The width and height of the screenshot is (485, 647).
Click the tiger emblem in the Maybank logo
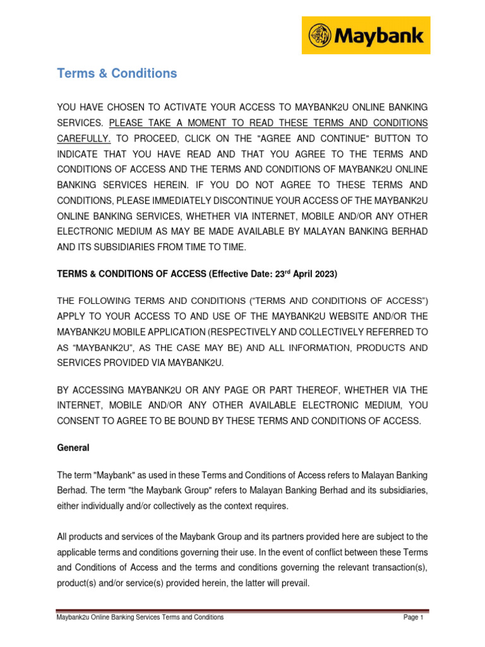[x=320, y=35]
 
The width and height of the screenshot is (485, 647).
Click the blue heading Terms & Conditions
[x=117, y=73]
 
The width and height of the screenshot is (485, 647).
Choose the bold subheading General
[x=73, y=448]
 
